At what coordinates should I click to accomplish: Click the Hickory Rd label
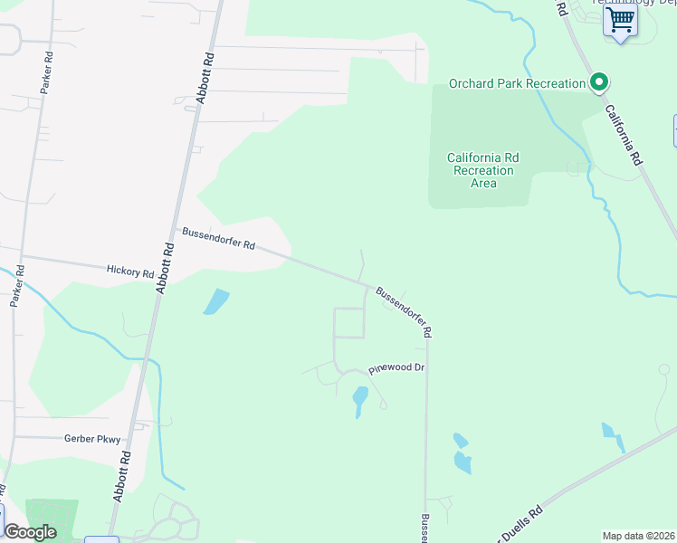pos(130,270)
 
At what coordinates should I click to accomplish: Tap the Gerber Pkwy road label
pos(91,439)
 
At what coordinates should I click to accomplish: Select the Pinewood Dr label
pos(396,369)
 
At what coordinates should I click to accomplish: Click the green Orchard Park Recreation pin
pos(598,83)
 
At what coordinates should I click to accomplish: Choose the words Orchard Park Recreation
pos(518,84)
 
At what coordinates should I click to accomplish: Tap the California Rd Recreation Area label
pos(483,170)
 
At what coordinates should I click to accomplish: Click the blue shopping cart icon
pos(620,19)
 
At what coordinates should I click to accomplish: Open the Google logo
pos(31,531)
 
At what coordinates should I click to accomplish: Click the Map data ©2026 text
pos(638,536)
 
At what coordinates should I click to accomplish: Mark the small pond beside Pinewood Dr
pos(359,400)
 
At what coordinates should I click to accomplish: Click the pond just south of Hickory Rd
pos(215,300)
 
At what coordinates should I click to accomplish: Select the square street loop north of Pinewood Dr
pos(349,323)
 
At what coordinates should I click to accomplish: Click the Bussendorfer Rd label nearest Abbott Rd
pos(219,239)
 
